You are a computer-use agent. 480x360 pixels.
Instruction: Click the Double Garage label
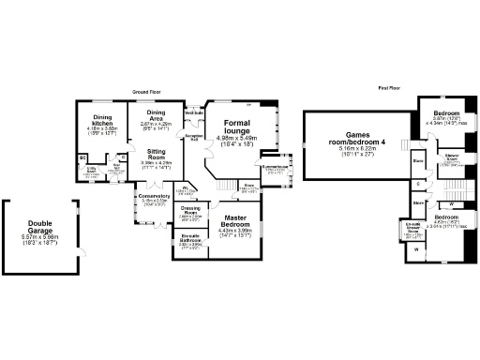point(40,227)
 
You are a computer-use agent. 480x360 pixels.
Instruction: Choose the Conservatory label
point(154,196)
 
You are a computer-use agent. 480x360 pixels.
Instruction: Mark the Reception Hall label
point(194,136)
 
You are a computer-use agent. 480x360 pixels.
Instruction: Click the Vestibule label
point(194,113)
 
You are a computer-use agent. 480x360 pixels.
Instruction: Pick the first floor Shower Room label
point(450,156)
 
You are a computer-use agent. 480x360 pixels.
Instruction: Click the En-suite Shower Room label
point(412,227)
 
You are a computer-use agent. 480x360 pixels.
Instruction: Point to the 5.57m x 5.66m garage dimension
point(40,238)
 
